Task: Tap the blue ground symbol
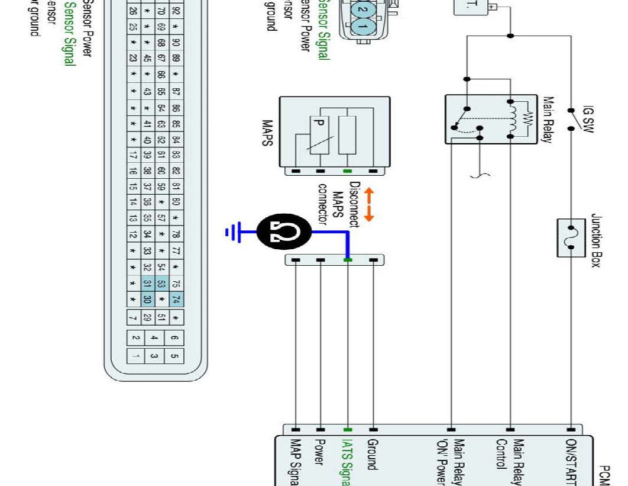point(232,233)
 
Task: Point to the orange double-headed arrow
point(369,205)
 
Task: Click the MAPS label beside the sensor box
point(267,135)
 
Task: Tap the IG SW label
point(588,119)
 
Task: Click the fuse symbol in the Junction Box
point(571,237)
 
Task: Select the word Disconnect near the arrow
point(354,204)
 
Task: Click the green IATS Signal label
point(348,462)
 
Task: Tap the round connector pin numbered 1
point(363,27)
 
